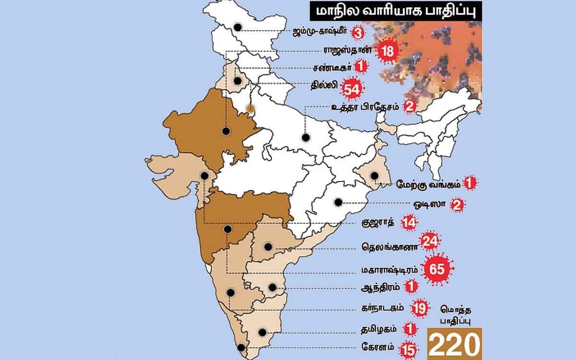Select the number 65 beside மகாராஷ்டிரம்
(x=437, y=269)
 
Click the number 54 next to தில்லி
(x=352, y=88)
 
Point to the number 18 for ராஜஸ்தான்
(x=387, y=51)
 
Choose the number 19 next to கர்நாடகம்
(x=419, y=309)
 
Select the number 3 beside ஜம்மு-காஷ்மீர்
(x=357, y=33)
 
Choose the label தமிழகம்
(x=378, y=329)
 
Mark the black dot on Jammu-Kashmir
(x=237, y=27)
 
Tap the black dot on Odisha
(x=338, y=202)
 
